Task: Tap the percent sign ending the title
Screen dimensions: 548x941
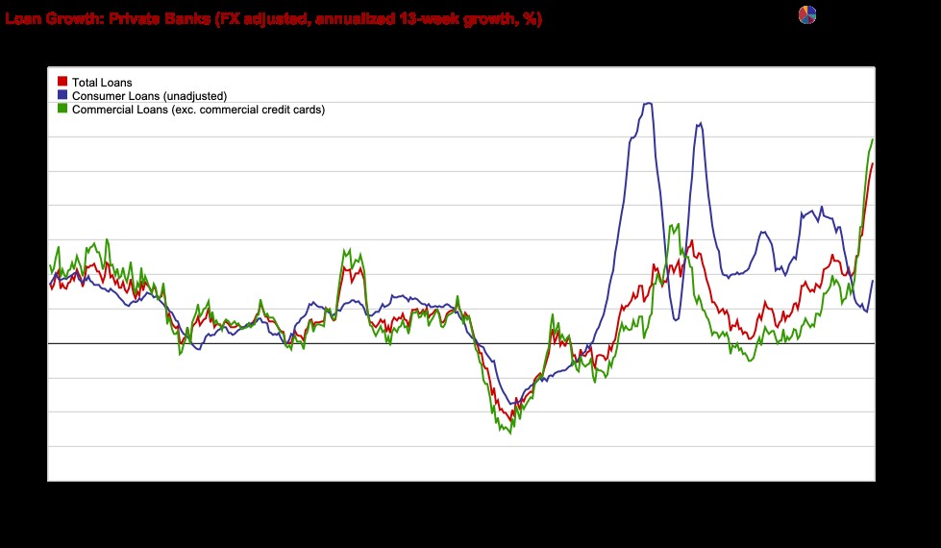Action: pyautogui.click(x=530, y=18)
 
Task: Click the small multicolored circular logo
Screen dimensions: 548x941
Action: pyautogui.click(x=806, y=15)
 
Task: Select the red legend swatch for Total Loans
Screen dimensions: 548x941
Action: pyautogui.click(x=63, y=83)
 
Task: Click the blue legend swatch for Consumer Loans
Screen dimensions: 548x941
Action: pyautogui.click(x=63, y=96)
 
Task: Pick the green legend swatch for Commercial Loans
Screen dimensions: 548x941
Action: pyautogui.click(x=63, y=110)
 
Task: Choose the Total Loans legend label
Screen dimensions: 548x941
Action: pyautogui.click(x=102, y=83)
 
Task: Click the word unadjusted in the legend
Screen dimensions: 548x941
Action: pyautogui.click(x=194, y=96)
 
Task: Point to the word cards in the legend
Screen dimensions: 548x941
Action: pyautogui.click(x=308, y=110)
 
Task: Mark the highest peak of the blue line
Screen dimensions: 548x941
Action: pyautogui.click(x=649, y=103)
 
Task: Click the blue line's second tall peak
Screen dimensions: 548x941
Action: pyautogui.click(x=699, y=123)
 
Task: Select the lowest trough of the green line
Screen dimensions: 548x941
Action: pyautogui.click(x=508, y=434)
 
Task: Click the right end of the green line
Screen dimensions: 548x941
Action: pyautogui.click(x=873, y=139)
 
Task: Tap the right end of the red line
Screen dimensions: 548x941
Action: pyautogui.click(x=873, y=163)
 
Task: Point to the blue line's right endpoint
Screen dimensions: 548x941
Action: pyautogui.click(x=873, y=281)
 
